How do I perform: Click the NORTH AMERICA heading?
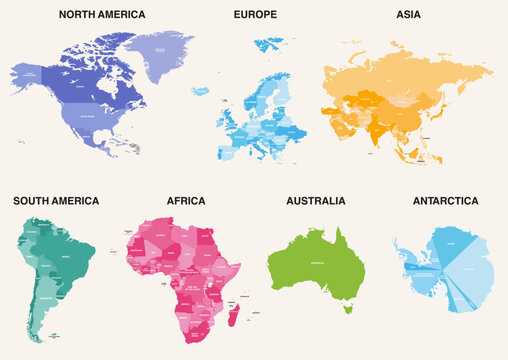(x=102, y=15)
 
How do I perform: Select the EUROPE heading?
(x=255, y=15)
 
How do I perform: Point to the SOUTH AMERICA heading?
(x=56, y=201)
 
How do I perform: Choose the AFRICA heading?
(x=187, y=201)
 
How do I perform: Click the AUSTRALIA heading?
(x=316, y=201)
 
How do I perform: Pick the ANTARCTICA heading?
(x=445, y=201)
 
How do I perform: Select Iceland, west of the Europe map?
(x=200, y=91)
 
